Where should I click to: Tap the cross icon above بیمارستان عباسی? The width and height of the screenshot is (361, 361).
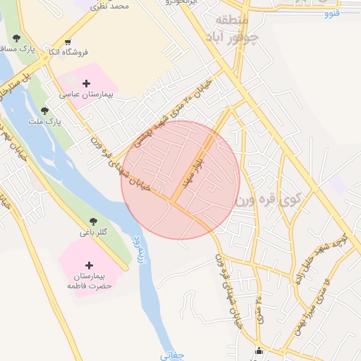click(86, 84)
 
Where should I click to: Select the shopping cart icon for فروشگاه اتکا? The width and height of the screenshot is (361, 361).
click(67, 41)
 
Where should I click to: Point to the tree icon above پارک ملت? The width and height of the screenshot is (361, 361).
click(45, 111)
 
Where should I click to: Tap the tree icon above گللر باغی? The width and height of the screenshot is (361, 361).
click(94, 223)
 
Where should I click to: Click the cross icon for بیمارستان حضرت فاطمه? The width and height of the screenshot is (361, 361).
click(89, 265)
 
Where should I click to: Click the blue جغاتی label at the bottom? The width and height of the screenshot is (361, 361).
click(173, 355)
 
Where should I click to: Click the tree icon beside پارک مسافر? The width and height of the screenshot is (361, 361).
click(16, 39)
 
